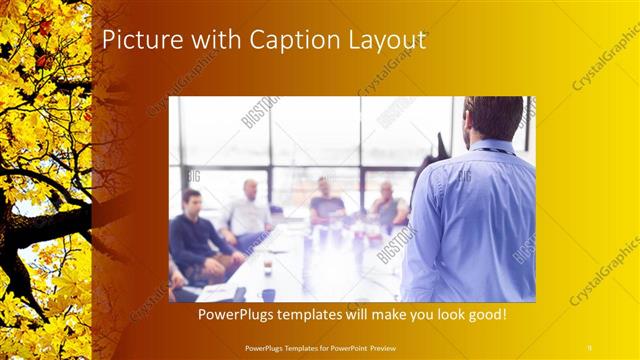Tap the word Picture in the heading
coord(142,40)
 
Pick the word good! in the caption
coord(483,314)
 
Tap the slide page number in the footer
coord(589,347)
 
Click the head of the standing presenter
coord(492,117)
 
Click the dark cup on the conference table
coord(268,294)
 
